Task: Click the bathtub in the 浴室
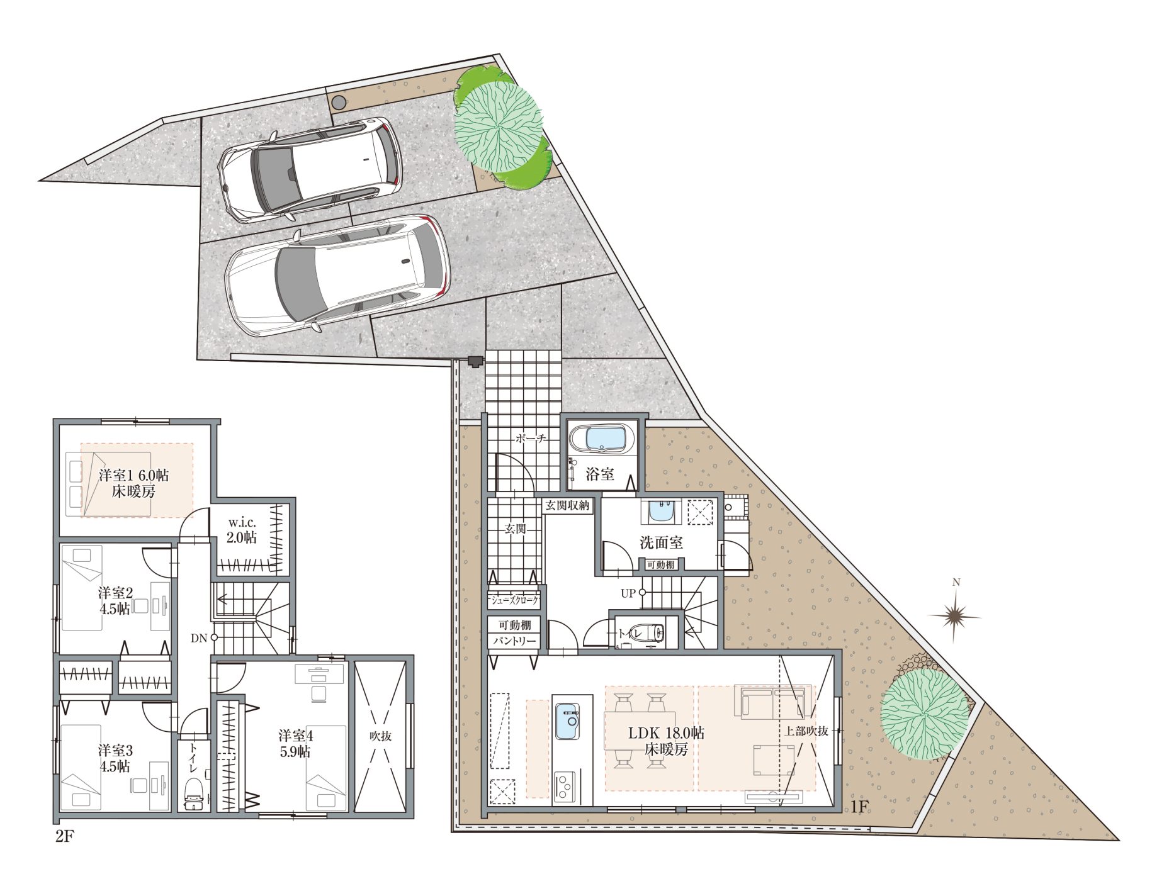[601, 439]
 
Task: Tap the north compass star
[956, 616]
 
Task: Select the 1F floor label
[859, 807]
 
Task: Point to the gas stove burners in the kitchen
[565, 787]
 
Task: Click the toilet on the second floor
[193, 795]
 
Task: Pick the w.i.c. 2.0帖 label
[242, 530]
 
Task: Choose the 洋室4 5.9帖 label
[295, 743]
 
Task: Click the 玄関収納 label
[567, 505]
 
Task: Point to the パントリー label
[514, 641]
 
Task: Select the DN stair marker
[204, 637]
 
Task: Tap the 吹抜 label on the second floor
[380, 735]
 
